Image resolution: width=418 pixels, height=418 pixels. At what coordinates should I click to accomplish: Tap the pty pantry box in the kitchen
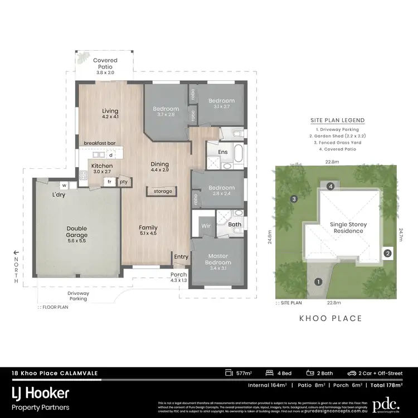(x=123, y=182)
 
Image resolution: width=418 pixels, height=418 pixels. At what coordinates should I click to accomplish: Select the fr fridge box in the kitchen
(x=110, y=182)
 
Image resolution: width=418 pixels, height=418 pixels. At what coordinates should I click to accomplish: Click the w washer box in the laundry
(x=64, y=185)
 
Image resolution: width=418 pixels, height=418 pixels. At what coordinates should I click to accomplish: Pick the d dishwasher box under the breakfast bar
(x=111, y=155)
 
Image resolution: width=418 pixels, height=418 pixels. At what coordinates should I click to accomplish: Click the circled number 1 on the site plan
(x=318, y=282)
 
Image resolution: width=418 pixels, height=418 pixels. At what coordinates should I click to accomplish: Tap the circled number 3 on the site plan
(x=293, y=199)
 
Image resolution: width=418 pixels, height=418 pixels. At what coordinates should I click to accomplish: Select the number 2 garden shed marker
(x=388, y=253)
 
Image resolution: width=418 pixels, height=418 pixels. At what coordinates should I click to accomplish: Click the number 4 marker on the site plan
(x=330, y=186)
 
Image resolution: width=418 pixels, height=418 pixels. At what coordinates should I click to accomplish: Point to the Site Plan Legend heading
(x=338, y=120)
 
